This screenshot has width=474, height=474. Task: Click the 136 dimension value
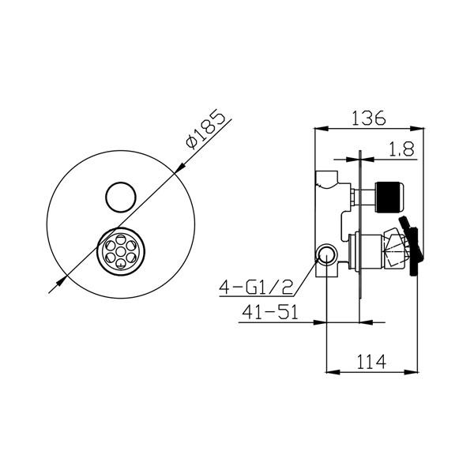(368, 118)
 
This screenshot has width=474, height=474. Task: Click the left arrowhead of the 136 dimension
(318, 127)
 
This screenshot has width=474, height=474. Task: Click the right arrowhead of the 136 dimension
(419, 127)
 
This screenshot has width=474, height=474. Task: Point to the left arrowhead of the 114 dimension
(329, 372)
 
